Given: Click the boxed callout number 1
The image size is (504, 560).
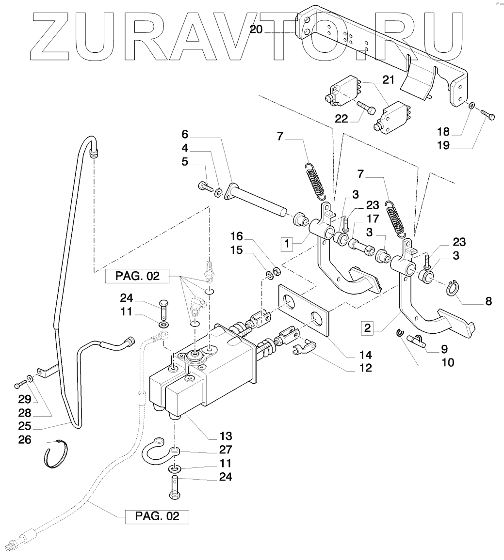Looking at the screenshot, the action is point(287,244).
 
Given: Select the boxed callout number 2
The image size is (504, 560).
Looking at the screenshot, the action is point(367,327).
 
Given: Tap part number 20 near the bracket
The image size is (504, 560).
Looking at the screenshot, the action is point(256,29).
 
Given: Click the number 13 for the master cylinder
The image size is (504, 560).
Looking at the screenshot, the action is point(226,436).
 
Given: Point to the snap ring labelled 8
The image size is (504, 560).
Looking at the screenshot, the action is point(453,288).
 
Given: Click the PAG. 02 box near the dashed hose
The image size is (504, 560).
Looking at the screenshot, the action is point(157,516).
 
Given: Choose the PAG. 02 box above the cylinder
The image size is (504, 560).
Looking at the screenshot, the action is point(137,276).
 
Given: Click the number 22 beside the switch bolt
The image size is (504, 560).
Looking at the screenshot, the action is point(341,119).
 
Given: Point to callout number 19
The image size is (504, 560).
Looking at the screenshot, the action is point(443,145).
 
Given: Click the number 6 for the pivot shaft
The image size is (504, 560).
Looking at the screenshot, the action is point(184,134).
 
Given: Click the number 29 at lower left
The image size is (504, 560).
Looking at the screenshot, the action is point(25,399).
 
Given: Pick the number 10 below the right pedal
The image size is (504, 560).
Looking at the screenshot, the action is point(447,362).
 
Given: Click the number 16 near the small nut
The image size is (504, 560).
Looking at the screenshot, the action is point(236,236).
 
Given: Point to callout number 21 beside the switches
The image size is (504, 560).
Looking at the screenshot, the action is point(388,80).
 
